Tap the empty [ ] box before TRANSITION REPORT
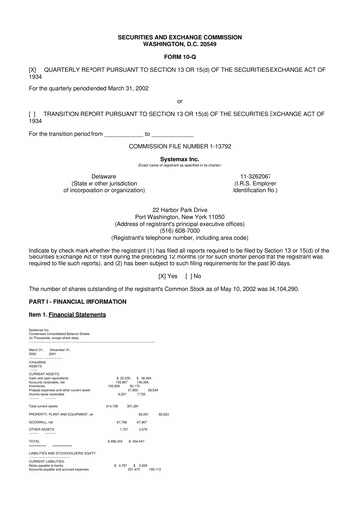[34, 113]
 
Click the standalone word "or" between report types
[179, 100]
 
